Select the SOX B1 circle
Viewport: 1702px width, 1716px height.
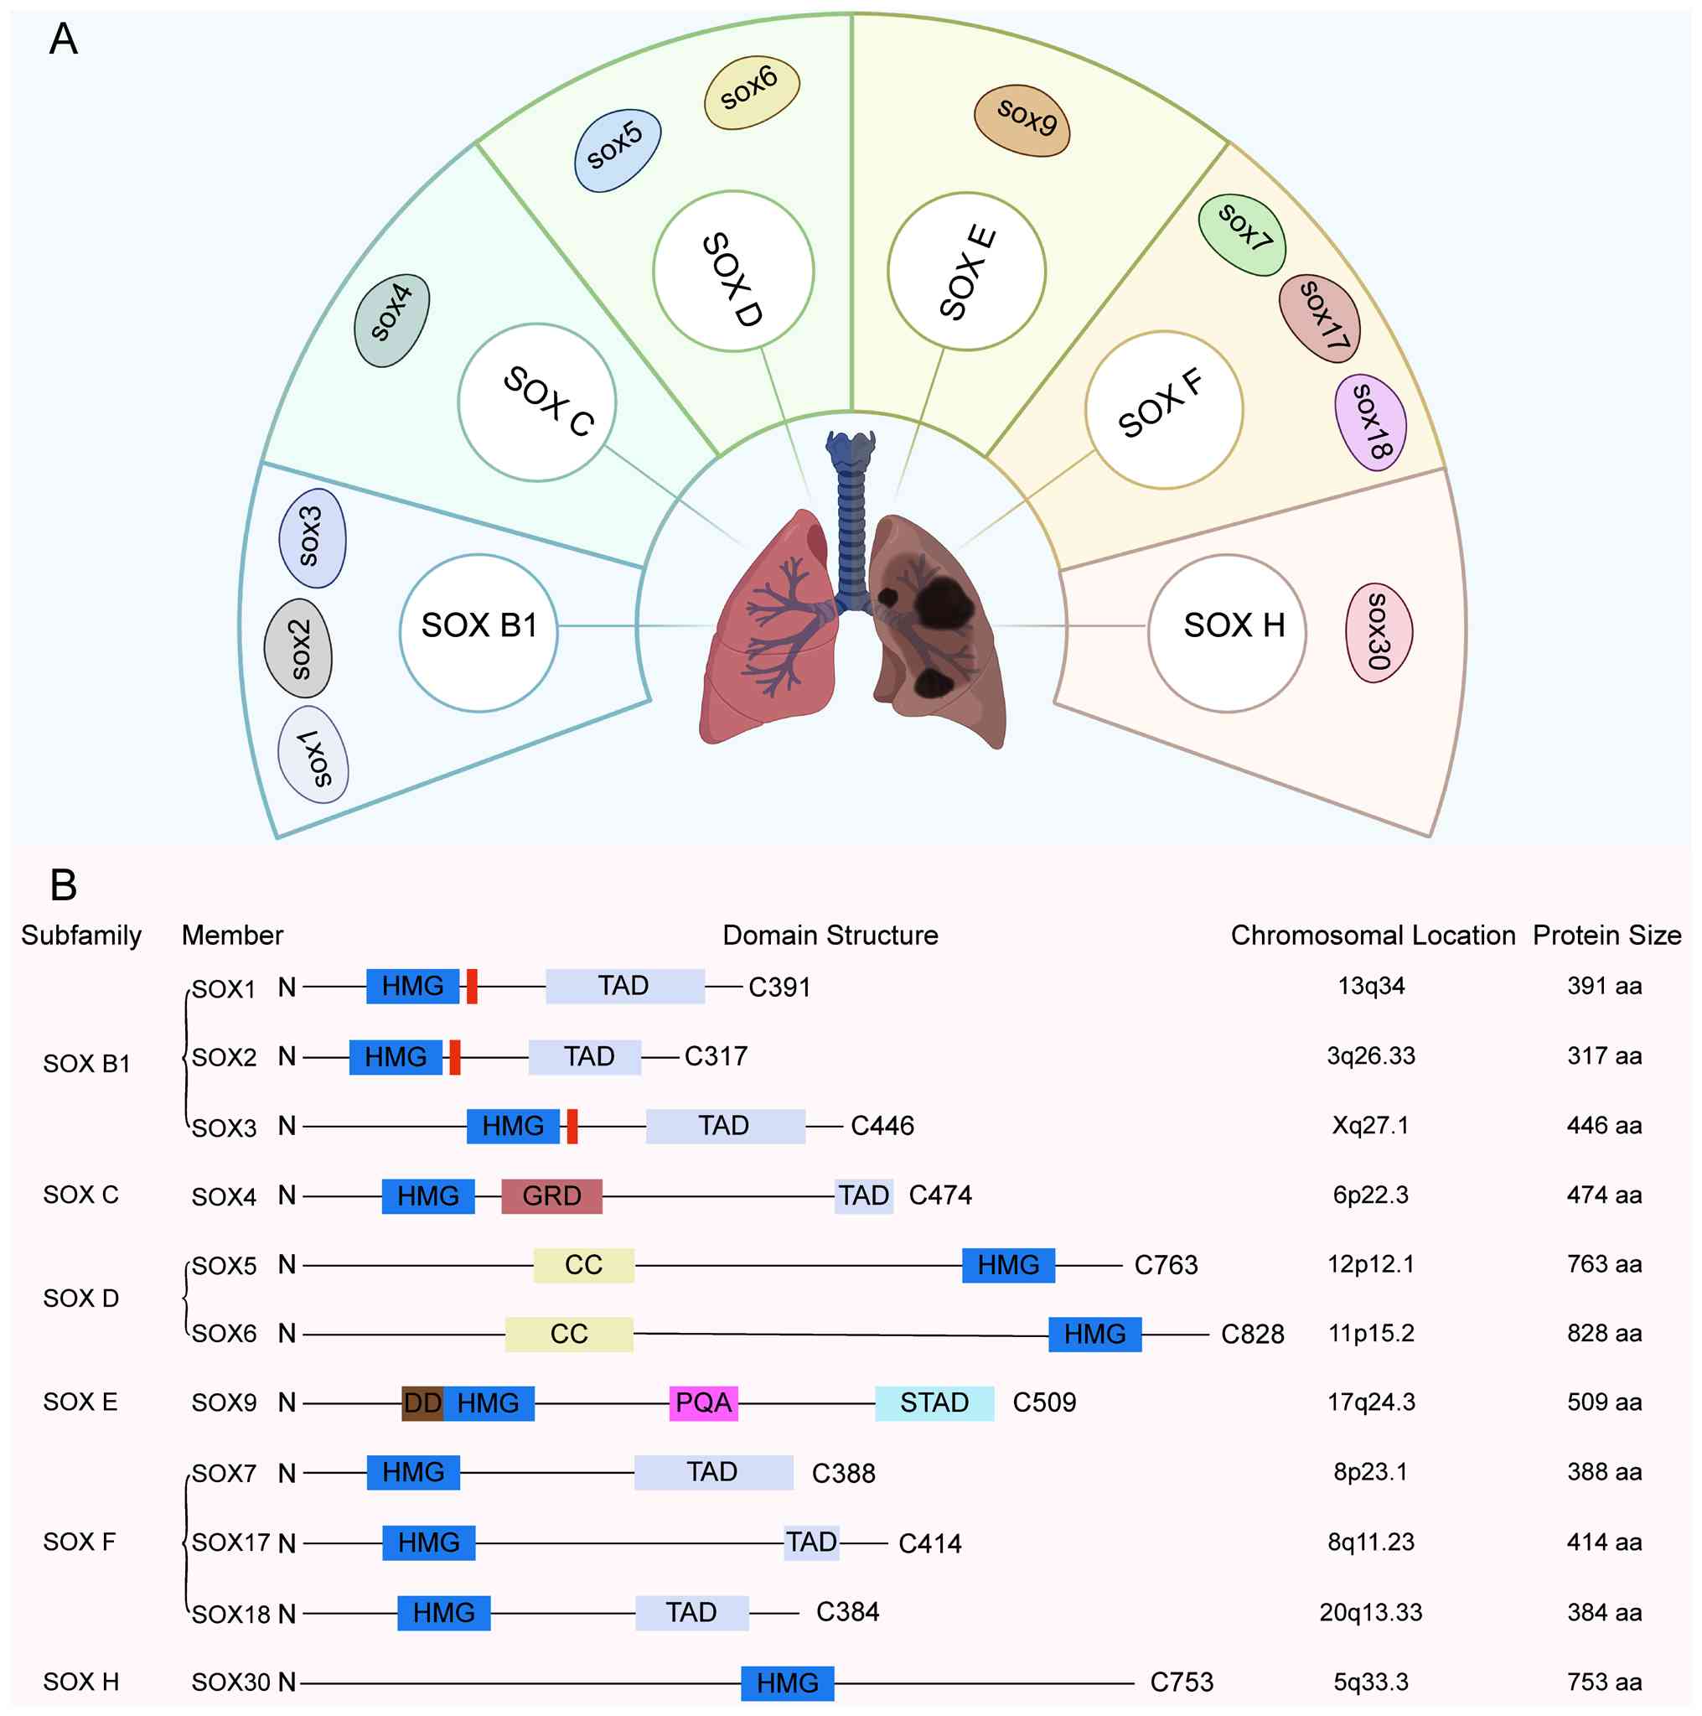[479, 633]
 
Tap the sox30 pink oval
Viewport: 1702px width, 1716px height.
[1379, 632]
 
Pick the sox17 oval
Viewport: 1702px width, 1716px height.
[1319, 318]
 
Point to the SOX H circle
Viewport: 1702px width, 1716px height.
[1227, 633]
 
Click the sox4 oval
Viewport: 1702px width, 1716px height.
[391, 319]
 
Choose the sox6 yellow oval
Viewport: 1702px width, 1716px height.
[751, 92]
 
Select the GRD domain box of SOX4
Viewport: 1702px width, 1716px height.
[551, 1195]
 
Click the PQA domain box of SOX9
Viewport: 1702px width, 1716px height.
[703, 1402]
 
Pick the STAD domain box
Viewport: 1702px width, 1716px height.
[934, 1402]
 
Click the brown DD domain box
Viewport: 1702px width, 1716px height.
[422, 1402]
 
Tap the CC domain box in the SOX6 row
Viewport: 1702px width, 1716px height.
[569, 1333]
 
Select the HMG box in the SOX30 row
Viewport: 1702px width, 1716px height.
[788, 1682]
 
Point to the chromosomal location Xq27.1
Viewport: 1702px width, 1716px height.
[1370, 1125]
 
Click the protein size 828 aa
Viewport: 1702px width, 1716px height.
[1603, 1333]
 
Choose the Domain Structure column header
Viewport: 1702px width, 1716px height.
[830, 936]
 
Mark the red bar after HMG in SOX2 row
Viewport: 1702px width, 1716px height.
[454, 1057]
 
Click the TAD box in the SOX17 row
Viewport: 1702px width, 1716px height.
[811, 1542]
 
